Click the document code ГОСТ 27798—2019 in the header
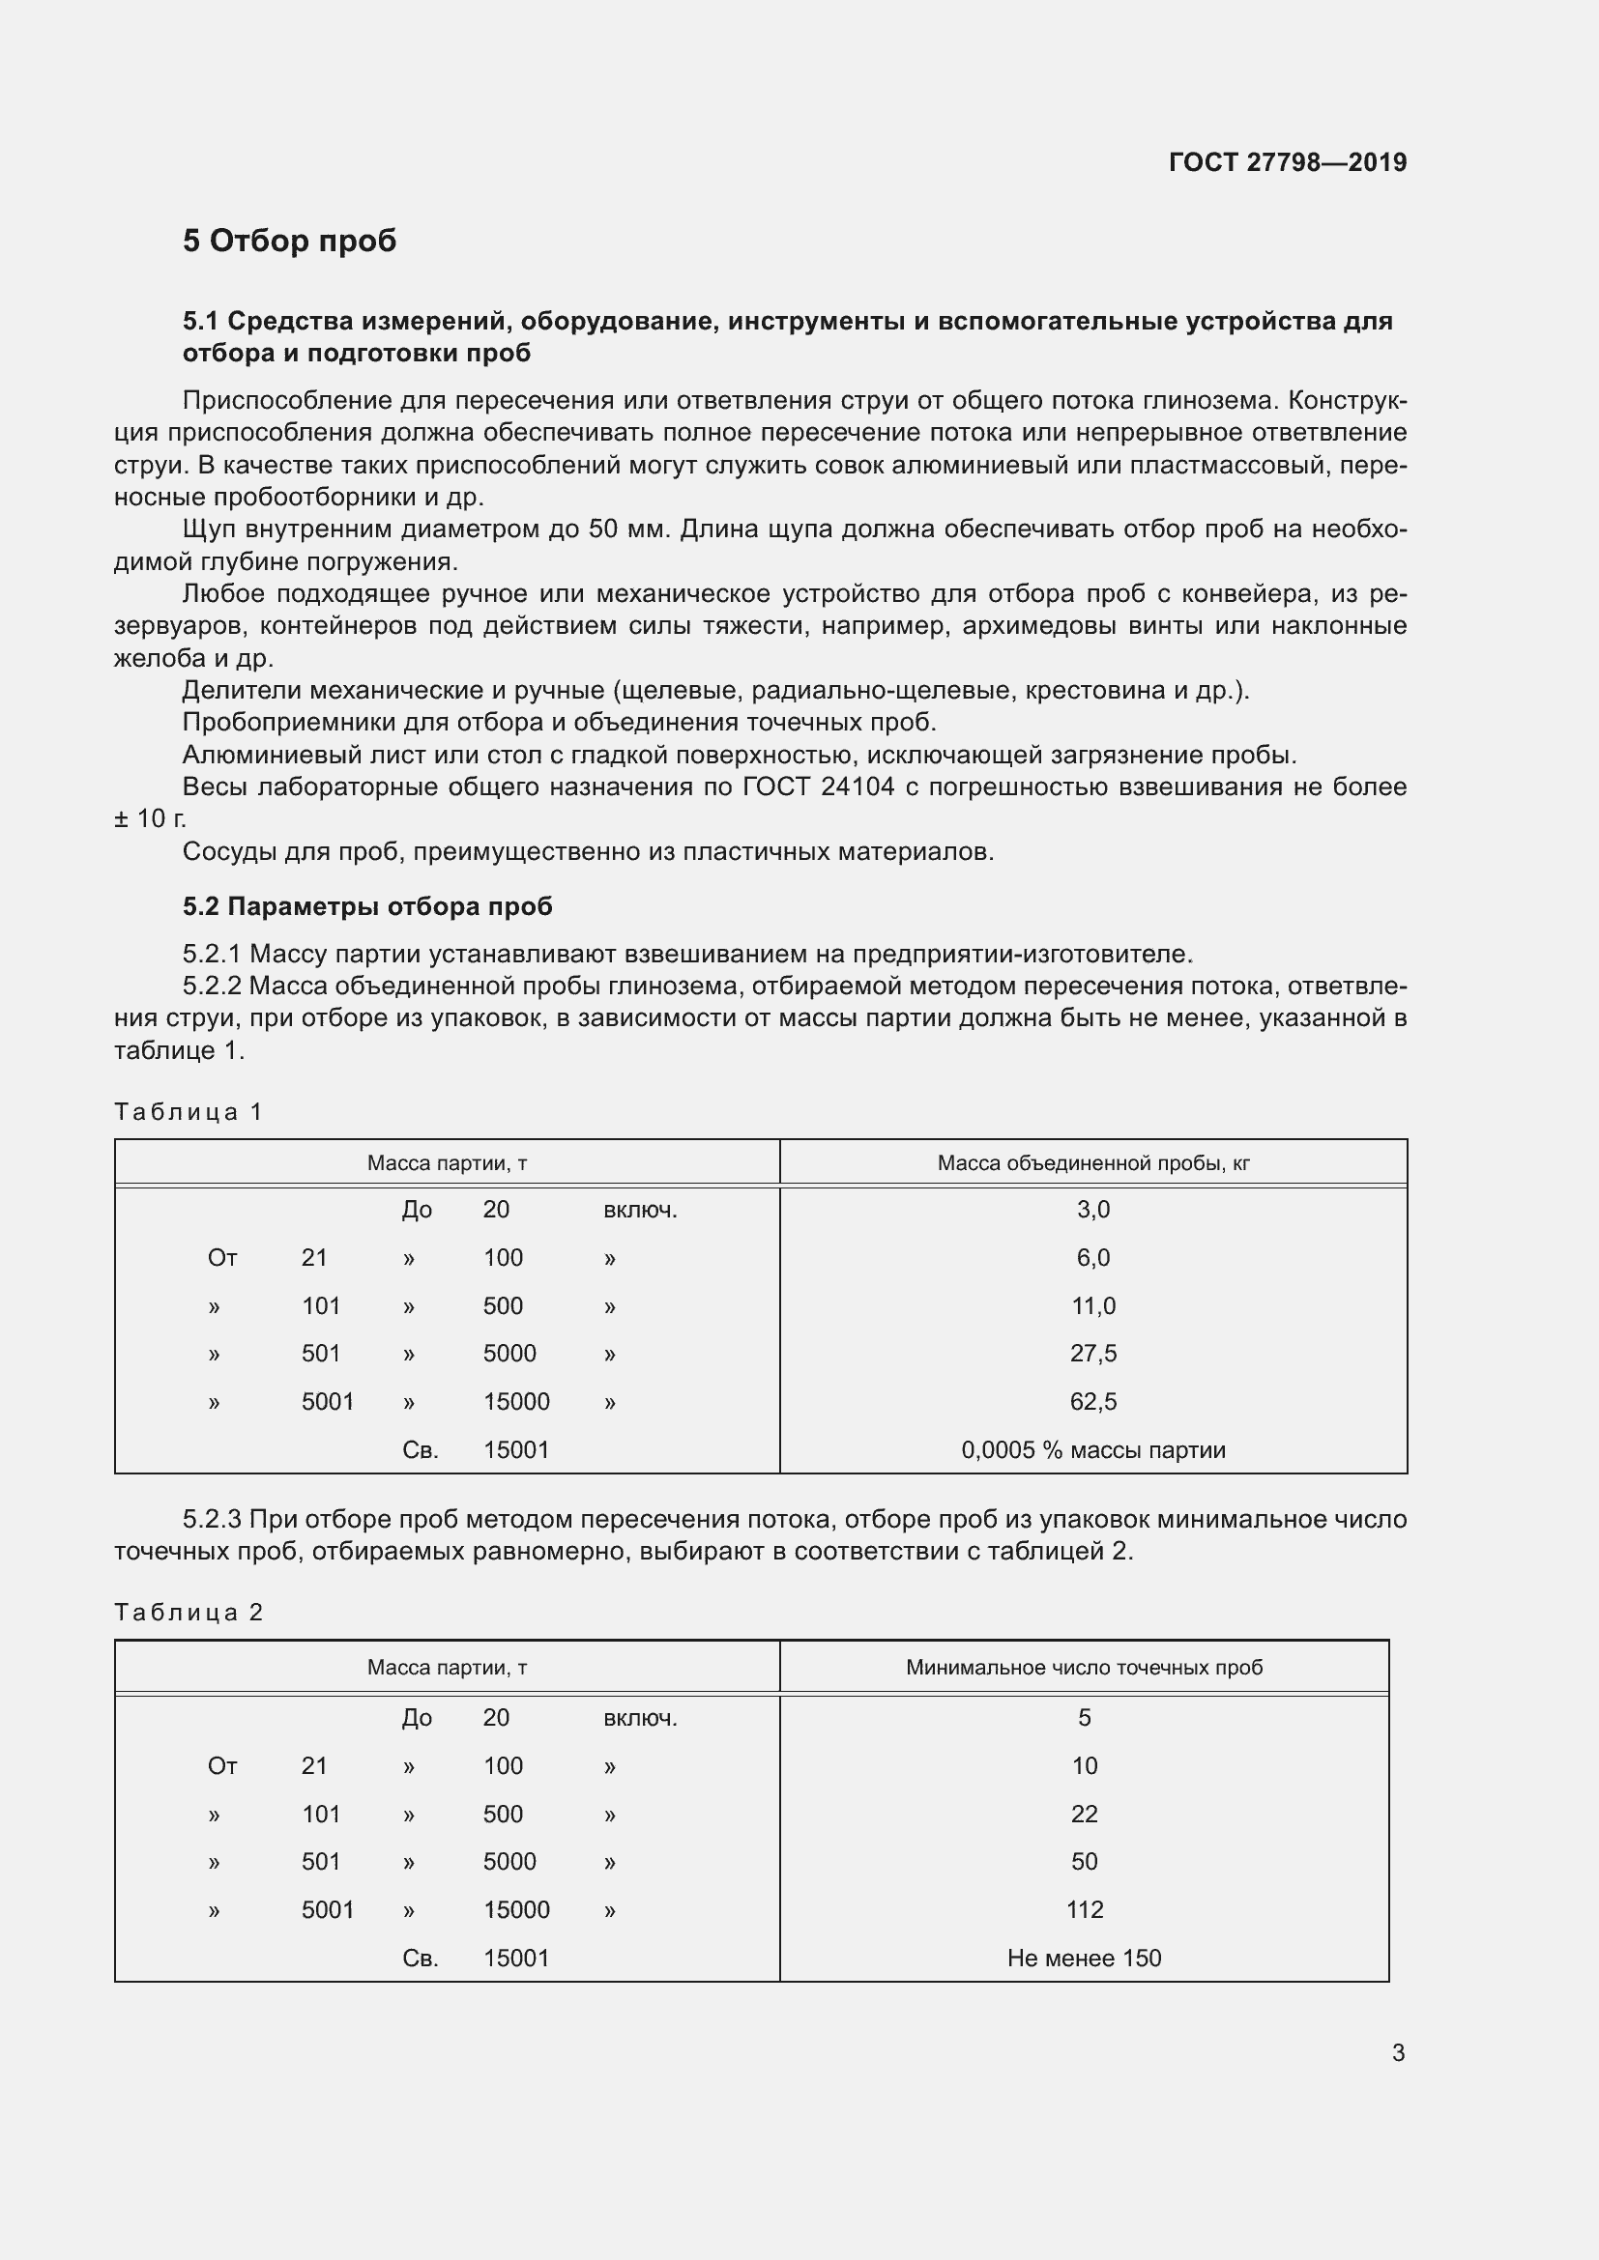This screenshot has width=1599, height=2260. [1287, 162]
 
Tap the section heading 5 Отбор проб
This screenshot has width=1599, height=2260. [288, 242]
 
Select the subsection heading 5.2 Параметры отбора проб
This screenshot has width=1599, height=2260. [366, 906]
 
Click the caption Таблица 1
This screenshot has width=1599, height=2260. [189, 1112]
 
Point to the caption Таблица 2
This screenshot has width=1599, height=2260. [189, 1613]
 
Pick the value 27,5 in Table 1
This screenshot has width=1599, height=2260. [1093, 1354]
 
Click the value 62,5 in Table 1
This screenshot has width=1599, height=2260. [1093, 1402]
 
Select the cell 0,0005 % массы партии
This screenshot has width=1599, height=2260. [1093, 1450]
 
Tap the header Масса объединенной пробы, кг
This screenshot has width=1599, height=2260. [1093, 1163]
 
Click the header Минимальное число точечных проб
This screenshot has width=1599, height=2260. [1083, 1668]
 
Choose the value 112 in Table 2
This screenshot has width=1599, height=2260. [1084, 1909]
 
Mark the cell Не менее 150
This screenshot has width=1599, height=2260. [1084, 1958]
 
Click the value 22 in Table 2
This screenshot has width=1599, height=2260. [1084, 1815]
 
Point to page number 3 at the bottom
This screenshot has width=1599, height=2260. [1397, 2053]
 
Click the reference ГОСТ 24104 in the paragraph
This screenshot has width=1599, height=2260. [818, 787]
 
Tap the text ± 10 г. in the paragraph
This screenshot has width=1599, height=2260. [150, 819]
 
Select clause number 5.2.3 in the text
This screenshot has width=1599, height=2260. [212, 1520]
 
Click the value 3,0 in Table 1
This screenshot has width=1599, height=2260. [1093, 1210]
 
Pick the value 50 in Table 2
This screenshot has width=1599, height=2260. [1084, 1861]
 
